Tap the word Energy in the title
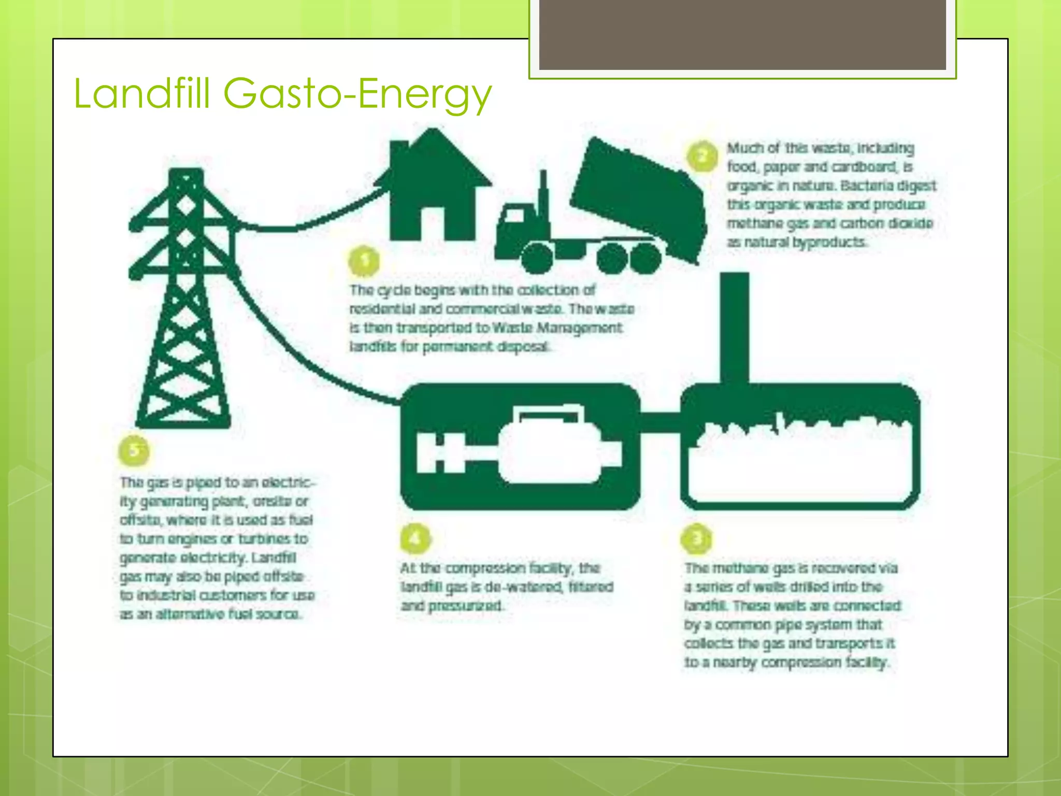click(x=424, y=94)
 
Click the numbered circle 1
click(x=364, y=261)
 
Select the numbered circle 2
click(x=702, y=156)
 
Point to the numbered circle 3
click(x=697, y=538)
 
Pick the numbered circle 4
click(x=415, y=538)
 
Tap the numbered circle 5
click(x=134, y=450)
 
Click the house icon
click(x=433, y=187)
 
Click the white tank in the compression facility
click(x=549, y=448)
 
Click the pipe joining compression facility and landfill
click(x=660, y=422)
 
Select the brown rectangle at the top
click(x=742, y=35)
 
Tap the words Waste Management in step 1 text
click(x=557, y=328)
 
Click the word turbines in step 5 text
click(x=264, y=539)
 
